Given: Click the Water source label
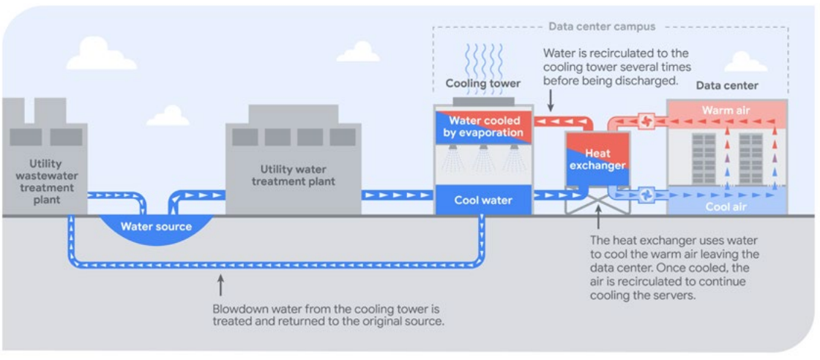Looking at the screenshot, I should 156,226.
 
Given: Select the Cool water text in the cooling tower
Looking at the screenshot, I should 482,200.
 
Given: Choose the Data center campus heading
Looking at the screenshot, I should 602,27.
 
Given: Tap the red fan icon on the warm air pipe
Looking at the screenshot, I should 646,121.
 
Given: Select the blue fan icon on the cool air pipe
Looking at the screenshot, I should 647,195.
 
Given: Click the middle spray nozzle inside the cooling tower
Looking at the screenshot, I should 482,151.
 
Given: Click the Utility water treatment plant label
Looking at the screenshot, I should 292,176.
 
